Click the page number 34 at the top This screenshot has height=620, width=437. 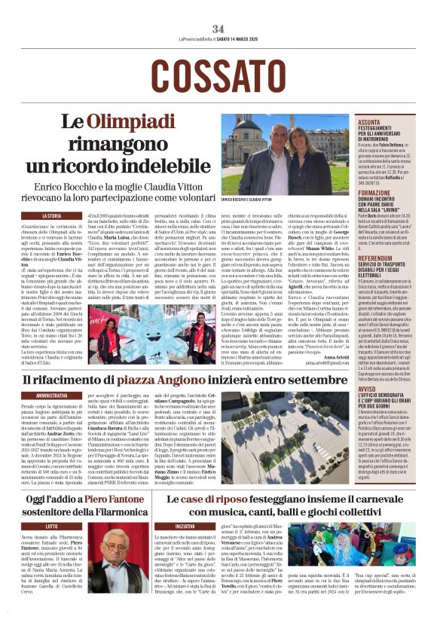pyautogui.click(x=218, y=28)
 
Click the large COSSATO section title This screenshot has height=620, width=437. pyautogui.click(x=218, y=75)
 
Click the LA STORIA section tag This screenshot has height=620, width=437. pyautogui.click(x=52, y=215)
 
